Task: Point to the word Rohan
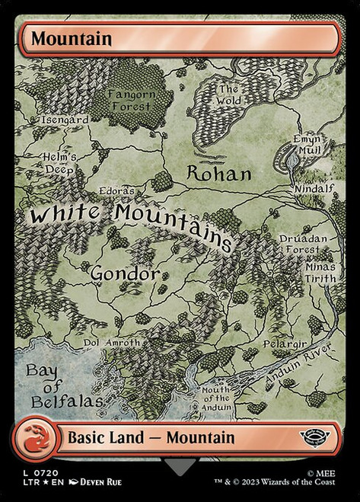[219, 173]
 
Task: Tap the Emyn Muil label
[308, 145]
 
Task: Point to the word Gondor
[125, 272]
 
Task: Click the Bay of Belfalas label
[53, 385]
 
